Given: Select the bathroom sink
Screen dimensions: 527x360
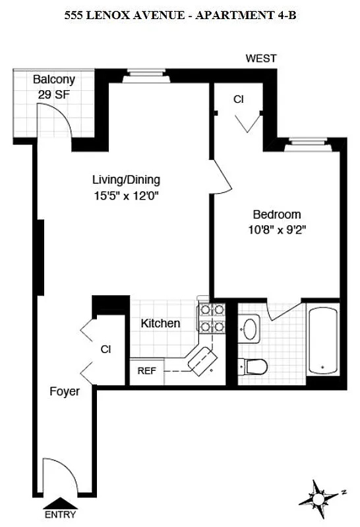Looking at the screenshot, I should pos(251,329).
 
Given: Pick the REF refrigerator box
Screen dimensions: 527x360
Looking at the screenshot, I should pos(146,370).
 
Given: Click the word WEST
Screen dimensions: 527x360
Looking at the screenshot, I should pos(261,59).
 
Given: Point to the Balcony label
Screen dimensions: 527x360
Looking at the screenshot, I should pos(54,80).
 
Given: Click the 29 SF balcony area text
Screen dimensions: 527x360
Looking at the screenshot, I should pos(54,95).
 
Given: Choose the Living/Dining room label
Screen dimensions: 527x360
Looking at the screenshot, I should pos(126,179).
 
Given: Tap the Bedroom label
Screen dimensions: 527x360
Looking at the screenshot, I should pos(277,214).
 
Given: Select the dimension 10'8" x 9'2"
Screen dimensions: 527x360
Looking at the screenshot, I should pos(277,230).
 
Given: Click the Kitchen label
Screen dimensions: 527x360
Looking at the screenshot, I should pos(160,323).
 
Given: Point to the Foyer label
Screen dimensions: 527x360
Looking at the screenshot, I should pos(65,391).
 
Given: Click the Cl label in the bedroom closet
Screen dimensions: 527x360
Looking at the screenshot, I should pos(238,99).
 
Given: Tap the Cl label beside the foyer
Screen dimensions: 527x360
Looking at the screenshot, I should pos(105,348).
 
